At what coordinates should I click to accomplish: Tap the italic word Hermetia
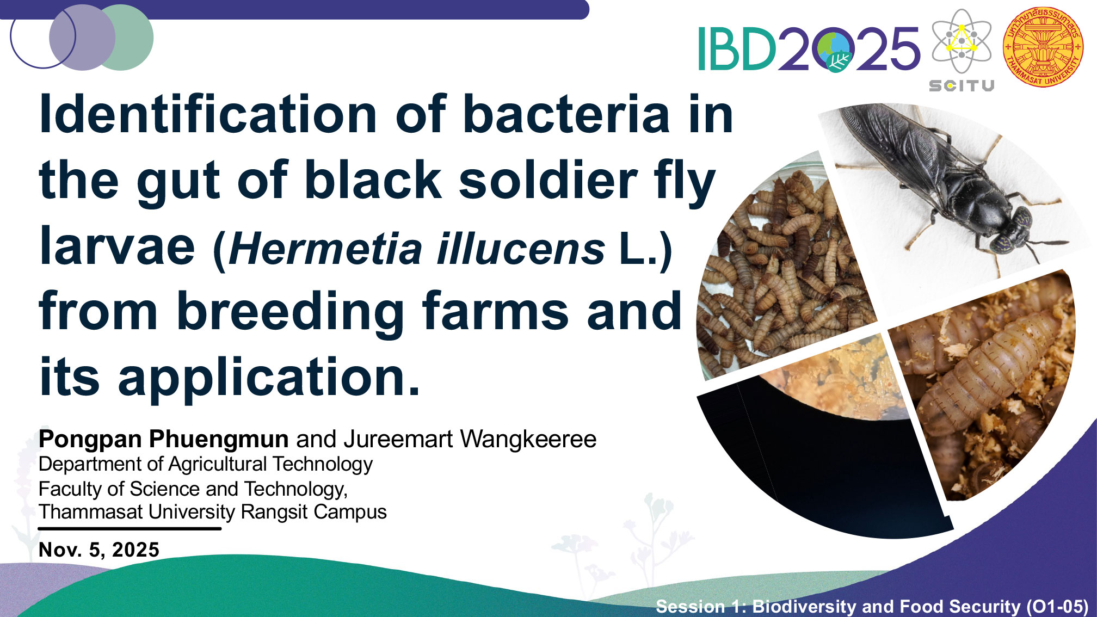click(x=325, y=249)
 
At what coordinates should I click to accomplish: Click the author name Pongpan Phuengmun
click(x=163, y=439)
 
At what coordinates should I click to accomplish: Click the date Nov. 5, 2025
click(x=99, y=550)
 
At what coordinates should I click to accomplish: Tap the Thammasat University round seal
click(x=1043, y=47)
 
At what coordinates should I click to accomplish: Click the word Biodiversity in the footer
click(x=805, y=606)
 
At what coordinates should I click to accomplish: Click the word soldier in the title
click(x=547, y=180)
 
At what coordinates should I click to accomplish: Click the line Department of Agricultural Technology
click(x=206, y=464)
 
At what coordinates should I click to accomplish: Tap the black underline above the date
click(x=130, y=528)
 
